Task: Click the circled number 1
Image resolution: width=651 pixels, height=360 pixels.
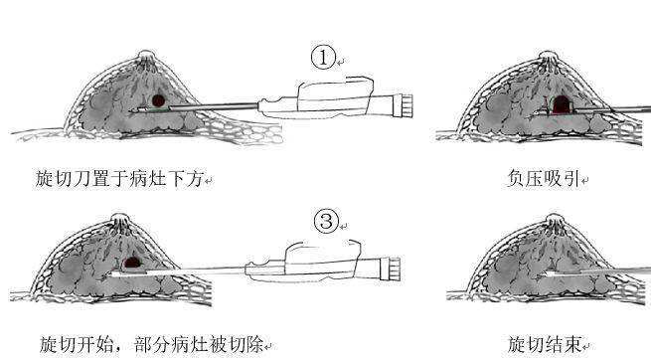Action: pyautogui.click(x=323, y=58)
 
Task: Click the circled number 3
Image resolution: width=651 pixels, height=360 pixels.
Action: pyautogui.click(x=326, y=221)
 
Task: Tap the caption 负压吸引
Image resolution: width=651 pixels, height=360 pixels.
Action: pyautogui.click(x=543, y=179)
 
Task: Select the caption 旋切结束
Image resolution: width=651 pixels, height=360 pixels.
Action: pyautogui.click(x=544, y=344)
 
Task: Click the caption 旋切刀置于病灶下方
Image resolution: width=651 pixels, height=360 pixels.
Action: pyautogui.click(x=119, y=179)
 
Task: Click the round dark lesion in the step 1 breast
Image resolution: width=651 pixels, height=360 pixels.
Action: pyautogui.click(x=158, y=100)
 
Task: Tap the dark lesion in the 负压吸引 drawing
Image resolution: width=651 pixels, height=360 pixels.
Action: pyautogui.click(x=561, y=104)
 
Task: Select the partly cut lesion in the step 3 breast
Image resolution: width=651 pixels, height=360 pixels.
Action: pyautogui.click(x=132, y=263)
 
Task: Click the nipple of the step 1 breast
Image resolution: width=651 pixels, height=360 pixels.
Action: pyautogui.click(x=146, y=56)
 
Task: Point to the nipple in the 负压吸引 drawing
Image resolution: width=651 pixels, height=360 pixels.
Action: pyautogui.click(x=548, y=57)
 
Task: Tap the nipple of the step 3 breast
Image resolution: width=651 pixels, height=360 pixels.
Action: pyautogui.click(x=120, y=219)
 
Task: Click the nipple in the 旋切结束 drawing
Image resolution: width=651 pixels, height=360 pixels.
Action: pyautogui.click(x=556, y=219)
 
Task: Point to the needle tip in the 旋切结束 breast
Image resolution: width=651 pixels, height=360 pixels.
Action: pyautogui.click(x=545, y=273)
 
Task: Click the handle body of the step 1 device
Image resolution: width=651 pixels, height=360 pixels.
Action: pyautogui.click(x=327, y=99)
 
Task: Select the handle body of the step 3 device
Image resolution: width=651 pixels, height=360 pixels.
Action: pyautogui.click(x=314, y=263)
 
